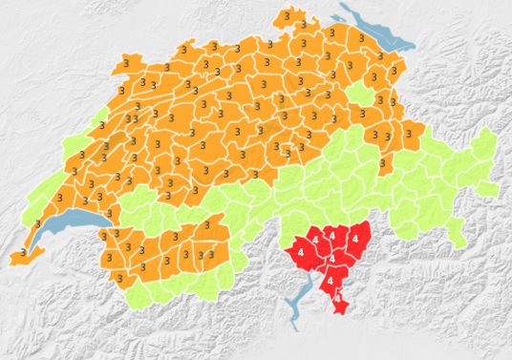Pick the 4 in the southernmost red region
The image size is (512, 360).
point(337,300)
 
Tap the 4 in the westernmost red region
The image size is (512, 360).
point(302,250)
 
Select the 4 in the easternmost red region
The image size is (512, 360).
point(355,239)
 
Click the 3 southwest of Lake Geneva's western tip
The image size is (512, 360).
point(21,255)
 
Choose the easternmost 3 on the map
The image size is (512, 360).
point(408,135)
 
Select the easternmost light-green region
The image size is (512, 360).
point(485,143)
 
